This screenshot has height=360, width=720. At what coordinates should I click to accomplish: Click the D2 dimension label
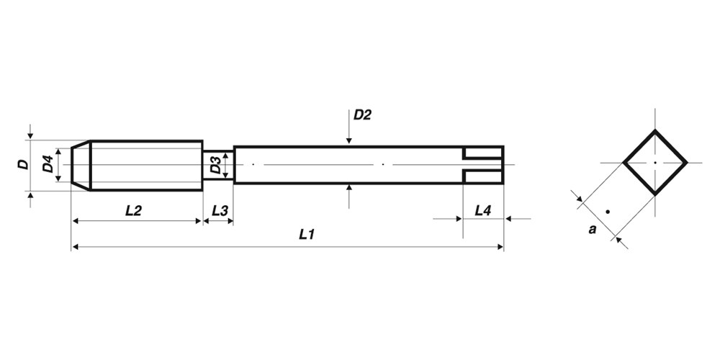click(x=362, y=114)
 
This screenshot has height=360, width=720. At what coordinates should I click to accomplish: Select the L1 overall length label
click(x=307, y=235)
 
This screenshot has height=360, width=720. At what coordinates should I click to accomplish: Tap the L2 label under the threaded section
click(x=134, y=211)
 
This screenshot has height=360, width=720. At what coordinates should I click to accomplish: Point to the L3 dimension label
click(x=220, y=211)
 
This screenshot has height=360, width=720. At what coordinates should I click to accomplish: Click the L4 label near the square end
click(x=483, y=211)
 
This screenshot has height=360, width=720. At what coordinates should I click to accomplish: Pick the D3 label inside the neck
click(x=216, y=166)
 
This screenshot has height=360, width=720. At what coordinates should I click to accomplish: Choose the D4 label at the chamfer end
click(x=48, y=164)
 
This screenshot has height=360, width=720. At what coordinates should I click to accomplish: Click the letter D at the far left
click(x=23, y=164)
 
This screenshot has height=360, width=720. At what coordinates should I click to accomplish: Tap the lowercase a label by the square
click(x=593, y=230)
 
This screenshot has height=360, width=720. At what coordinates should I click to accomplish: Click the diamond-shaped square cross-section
click(x=654, y=163)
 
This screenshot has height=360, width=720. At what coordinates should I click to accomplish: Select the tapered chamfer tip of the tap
click(x=81, y=166)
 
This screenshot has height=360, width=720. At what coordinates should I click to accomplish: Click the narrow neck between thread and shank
click(x=218, y=166)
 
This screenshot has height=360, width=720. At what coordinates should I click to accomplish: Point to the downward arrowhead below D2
click(x=349, y=140)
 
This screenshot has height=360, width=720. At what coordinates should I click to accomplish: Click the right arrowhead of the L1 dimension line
click(x=500, y=247)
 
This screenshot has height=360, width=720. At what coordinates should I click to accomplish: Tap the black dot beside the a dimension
click(x=608, y=212)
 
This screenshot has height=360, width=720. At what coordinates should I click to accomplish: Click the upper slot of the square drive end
click(x=483, y=153)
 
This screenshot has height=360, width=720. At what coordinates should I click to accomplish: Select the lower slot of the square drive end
click(x=483, y=177)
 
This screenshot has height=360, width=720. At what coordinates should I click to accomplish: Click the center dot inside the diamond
click(x=654, y=163)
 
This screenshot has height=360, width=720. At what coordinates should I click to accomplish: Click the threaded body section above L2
click(x=147, y=166)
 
